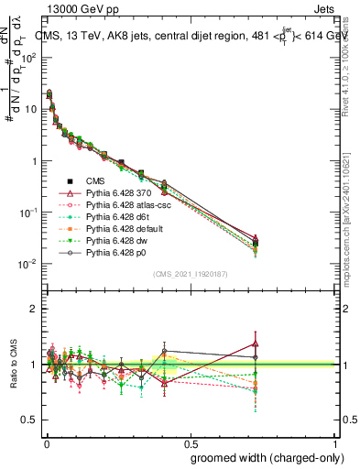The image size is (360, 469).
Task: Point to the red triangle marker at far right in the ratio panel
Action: pyautogui.click(x=255, y=344)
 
